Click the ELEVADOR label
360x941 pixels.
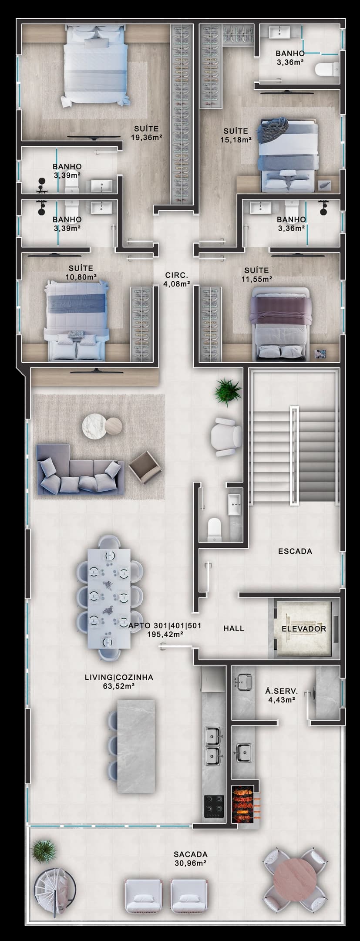pos(304,629)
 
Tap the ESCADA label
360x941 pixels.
pos(295,551)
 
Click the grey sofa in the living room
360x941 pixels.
pos(79,470)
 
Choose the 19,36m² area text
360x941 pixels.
pos(146,137)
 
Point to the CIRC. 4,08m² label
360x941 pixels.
pos(176,280)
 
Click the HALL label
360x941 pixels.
pos(234,628)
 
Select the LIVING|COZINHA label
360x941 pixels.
pos(119,678)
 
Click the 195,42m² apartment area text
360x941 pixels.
pos(165,634)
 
